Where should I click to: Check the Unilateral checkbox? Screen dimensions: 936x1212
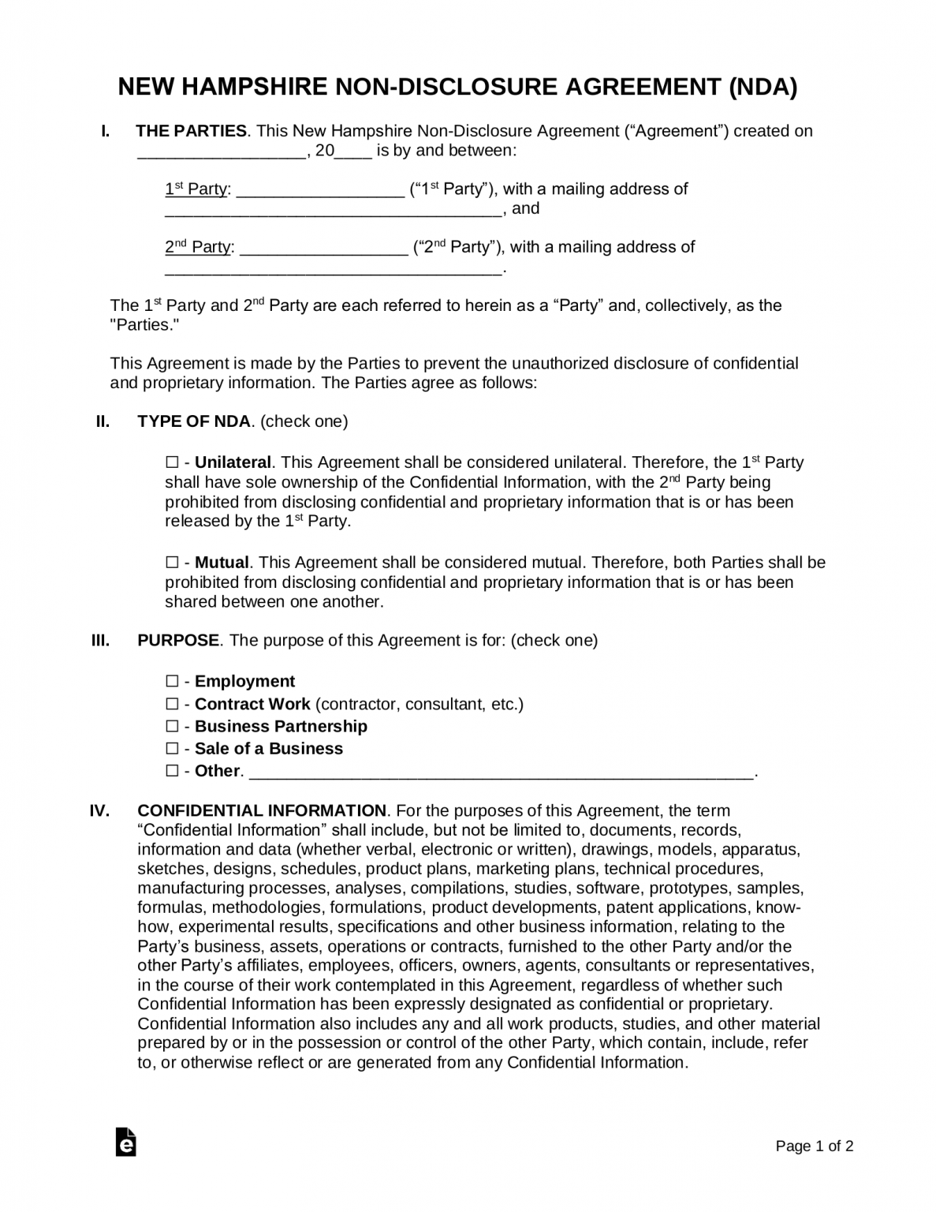[x=172, y=462]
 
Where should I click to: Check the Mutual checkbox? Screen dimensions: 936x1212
[x=172, y=563]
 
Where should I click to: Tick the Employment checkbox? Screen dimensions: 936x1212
[x=172, y=681]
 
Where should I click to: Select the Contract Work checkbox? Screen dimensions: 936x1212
[x=172, y=704]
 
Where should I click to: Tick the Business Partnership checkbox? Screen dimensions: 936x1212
[x=172, y=726]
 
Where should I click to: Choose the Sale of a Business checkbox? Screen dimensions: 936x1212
[x=172, y=748]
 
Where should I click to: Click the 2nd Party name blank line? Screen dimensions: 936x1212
[x=323, y=250]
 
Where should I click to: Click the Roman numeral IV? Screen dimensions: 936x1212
[x=99, y=810]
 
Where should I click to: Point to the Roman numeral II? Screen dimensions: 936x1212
[x=103, y=421]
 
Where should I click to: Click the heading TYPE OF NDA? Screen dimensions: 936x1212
[x=194, y=421]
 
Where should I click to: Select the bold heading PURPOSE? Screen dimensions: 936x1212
[x=178, y=640]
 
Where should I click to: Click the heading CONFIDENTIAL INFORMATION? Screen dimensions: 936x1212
[x=262, y=810]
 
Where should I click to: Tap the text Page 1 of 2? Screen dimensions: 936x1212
[x=815, y=1147]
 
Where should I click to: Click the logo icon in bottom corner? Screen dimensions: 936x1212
[x=125, y=1142]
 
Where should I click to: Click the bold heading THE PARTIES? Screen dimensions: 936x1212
[x=192, y=131]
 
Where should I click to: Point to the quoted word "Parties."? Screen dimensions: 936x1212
[x=144, y=324]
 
